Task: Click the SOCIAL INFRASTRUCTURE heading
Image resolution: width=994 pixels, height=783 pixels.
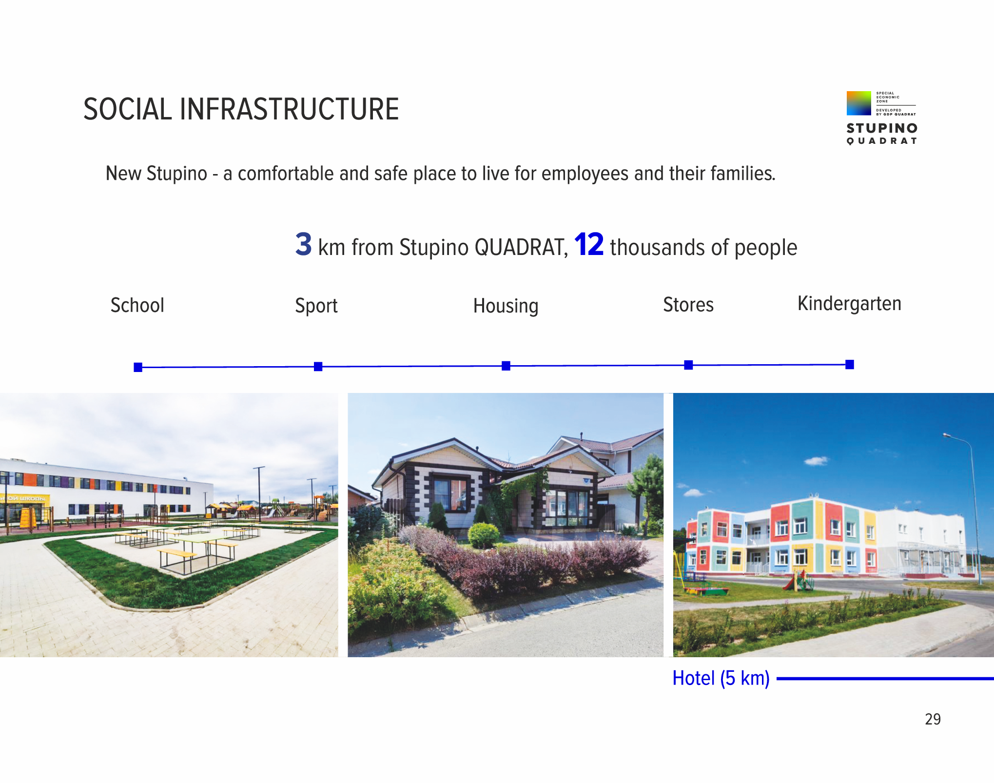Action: tap(241, 109)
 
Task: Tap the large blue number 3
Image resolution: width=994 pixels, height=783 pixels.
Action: tap(303, 244)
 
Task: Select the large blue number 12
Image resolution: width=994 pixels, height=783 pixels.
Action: tap(589, 244)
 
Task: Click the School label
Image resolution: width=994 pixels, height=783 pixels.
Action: tap(137, 305)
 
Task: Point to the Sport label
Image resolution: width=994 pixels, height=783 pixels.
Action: tap(316, 306)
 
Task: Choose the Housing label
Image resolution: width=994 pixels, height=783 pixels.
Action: tap(506, 306)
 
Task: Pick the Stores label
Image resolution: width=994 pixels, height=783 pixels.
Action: tap(688, 305)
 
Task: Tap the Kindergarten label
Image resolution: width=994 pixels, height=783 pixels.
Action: tap(849, 304)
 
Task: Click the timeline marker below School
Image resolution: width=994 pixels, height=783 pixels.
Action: tap(138, 367)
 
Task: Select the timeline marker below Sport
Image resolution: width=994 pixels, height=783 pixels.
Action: tap(318, 366)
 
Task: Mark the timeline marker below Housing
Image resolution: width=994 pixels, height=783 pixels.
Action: tap(506, 366)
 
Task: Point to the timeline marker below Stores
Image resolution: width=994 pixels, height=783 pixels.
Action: tap(688, 365)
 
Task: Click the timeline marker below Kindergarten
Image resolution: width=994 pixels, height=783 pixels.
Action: tap(850, 364)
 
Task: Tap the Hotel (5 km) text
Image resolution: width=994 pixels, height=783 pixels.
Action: tap(721, 678)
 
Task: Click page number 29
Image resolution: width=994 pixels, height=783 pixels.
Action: tap(933, 719)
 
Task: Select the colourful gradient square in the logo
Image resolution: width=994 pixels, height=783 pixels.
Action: tap(859, 103)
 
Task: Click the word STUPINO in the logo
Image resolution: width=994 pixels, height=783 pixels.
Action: tap(882, 128)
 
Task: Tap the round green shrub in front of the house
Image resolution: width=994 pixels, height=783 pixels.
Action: tap(484, 535)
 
